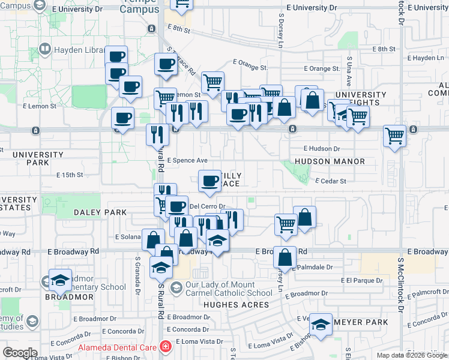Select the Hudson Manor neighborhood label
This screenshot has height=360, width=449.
tap(330, 162)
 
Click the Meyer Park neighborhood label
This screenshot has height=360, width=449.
tap(360, 322)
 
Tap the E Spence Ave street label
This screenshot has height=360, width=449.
tap(187, 161)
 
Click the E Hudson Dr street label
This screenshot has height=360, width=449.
tap(322, 148)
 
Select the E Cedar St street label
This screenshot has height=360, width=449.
tap(331, 181)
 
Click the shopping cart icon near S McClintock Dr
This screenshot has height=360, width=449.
tap(395, 136)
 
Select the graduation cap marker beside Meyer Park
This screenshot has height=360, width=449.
tap(321, 325)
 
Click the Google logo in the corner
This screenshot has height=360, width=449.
tap(20, 353)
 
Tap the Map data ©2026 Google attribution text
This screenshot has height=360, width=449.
tap(411, 355)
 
